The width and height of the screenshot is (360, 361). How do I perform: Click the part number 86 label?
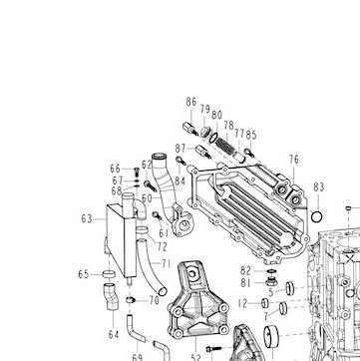[x=191, y=102]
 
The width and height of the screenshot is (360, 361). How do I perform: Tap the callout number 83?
[x=318, y=187]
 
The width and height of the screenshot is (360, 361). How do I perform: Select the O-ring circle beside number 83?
[x=317, y=217]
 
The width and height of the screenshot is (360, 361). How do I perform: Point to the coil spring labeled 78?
[x=223, y=146]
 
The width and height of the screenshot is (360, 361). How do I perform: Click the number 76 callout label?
[x=294, y=160]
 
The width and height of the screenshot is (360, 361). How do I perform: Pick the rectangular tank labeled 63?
[x=122, y=239]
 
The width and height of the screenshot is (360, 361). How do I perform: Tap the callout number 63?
[x=87, y=219]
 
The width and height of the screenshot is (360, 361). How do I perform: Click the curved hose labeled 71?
[x=151, y=267]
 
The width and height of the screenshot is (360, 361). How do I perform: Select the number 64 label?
[x=114, y=335]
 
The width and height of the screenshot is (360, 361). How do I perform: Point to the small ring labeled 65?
[x=109, y=274]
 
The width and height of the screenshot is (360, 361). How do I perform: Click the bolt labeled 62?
[x=151, y=186]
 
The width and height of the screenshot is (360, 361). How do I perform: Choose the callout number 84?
[x=180, y=181]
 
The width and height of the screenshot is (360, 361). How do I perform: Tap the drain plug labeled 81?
[x=271, y=282]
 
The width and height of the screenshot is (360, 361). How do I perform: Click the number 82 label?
[x=245, y=271]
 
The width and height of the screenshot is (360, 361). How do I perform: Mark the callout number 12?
[x=243, y=303]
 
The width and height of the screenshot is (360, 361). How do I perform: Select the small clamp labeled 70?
[x=131, y=300]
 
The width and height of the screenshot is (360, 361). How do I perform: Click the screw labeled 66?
[x=136, y=172]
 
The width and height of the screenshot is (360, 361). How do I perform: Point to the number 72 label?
[x=162, y=246]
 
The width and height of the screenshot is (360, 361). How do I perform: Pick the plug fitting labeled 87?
[x=203, y=152]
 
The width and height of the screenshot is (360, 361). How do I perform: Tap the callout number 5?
[x=271, y=293]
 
